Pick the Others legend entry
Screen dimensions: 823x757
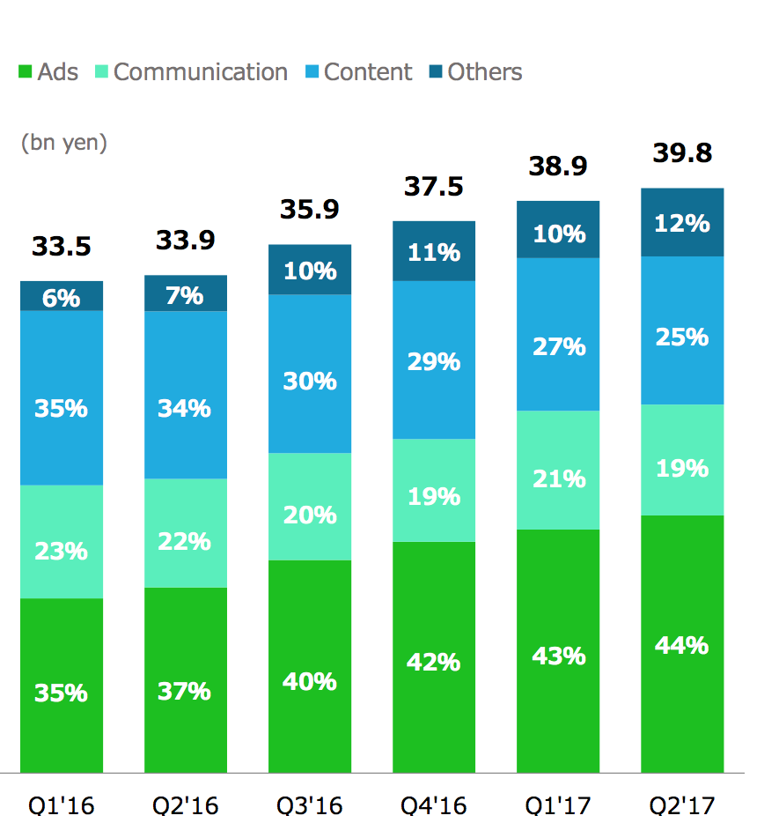[x=474, y=72]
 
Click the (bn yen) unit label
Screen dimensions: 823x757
[x=63, y=143]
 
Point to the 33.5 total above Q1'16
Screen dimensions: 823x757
[x=61, y=247]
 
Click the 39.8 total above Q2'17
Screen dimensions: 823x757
[x=682, y=153]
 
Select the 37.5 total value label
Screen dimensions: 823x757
[x=433, y=187]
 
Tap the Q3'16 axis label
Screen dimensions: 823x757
[x=309, y=804]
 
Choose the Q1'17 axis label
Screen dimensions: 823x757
[x=557, y=804]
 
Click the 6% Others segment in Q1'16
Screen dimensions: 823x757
[x=62, y=297]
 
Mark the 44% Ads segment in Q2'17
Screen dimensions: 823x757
[x=682, y=645]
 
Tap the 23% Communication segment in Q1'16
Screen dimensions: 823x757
[x=62, y=551]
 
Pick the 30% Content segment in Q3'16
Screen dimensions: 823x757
[x=310, y=381]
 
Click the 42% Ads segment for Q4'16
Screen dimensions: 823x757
[x=434, y=661]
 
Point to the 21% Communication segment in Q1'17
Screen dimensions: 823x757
[x=558, y=478]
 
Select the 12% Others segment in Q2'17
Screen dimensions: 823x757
[x=682, y=223]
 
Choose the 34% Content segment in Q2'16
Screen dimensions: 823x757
[x=186, y=408]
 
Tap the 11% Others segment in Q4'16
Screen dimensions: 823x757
[x=434, y=252]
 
